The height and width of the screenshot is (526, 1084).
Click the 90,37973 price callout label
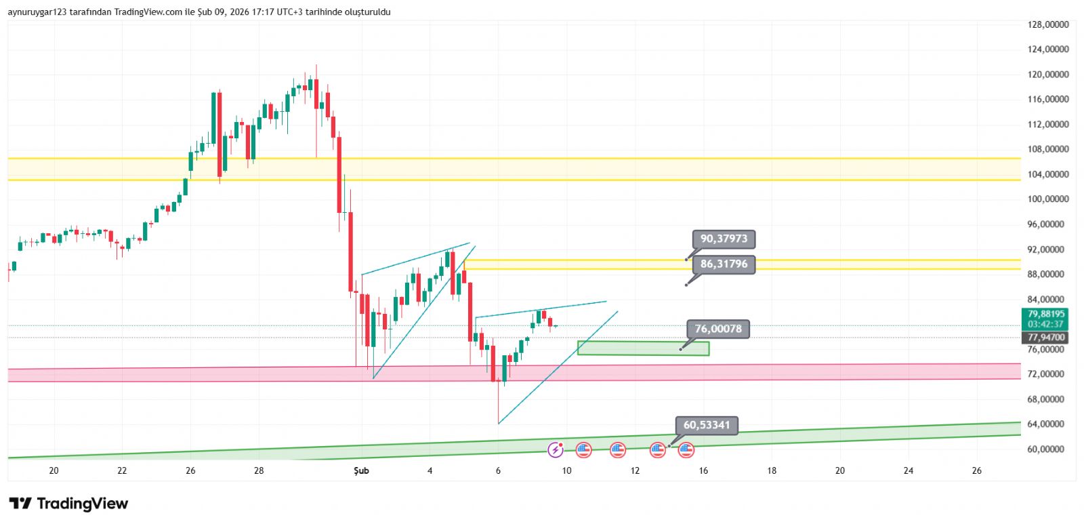(724, 239)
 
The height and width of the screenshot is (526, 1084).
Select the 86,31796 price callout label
(724, 264)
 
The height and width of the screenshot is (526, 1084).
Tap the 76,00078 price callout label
(718, 329)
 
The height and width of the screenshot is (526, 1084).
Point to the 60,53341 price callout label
(707, 425)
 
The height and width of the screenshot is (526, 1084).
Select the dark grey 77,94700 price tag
(1046, 338)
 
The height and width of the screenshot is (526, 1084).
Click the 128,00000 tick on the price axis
(1048, 24)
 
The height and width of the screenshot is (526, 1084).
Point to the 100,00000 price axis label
(1048, 199)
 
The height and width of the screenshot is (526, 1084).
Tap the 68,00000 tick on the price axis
(1048, 399)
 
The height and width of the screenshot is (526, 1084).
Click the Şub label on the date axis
(361, 470)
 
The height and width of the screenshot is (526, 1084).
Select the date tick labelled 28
(259, 470)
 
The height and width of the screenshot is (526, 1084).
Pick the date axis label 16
(703, 470)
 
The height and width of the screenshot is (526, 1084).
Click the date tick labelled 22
(122, 470)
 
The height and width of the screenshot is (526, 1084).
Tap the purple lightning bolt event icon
(556, 449)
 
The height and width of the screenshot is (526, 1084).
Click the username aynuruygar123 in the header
(37, 12)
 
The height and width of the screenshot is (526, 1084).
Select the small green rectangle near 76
(643, 348)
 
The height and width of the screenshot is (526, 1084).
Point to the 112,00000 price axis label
(1048, 124)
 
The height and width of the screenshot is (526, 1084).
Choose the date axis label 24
(909, 470)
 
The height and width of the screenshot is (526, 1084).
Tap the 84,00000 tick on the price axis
(1048, 300)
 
